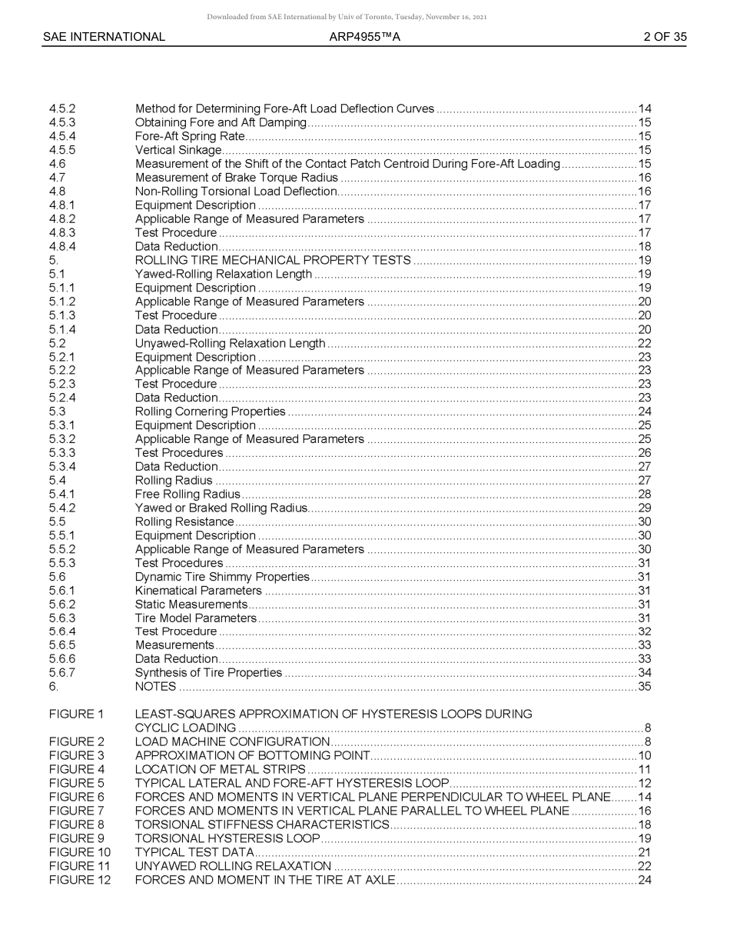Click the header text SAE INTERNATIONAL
pos(104,37)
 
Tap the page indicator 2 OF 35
pos(665,37)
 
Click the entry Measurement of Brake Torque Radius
pos(236,178)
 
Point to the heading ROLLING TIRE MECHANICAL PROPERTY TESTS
pos(273,261)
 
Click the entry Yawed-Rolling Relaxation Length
pos(224,275)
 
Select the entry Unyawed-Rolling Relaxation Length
pos(230,343)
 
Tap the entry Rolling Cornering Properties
pos(210,412)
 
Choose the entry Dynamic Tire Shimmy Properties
pos(222,577)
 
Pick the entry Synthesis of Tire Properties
pos(208,673)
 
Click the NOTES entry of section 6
pos(155,687)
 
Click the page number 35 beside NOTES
pos(645,687)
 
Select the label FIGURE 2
pos(76,742)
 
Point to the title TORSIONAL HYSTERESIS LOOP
pos(227,838)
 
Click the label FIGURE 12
pos(79,880)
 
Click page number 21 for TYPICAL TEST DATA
pos(645,852)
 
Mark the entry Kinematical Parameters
pos(198,591)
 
